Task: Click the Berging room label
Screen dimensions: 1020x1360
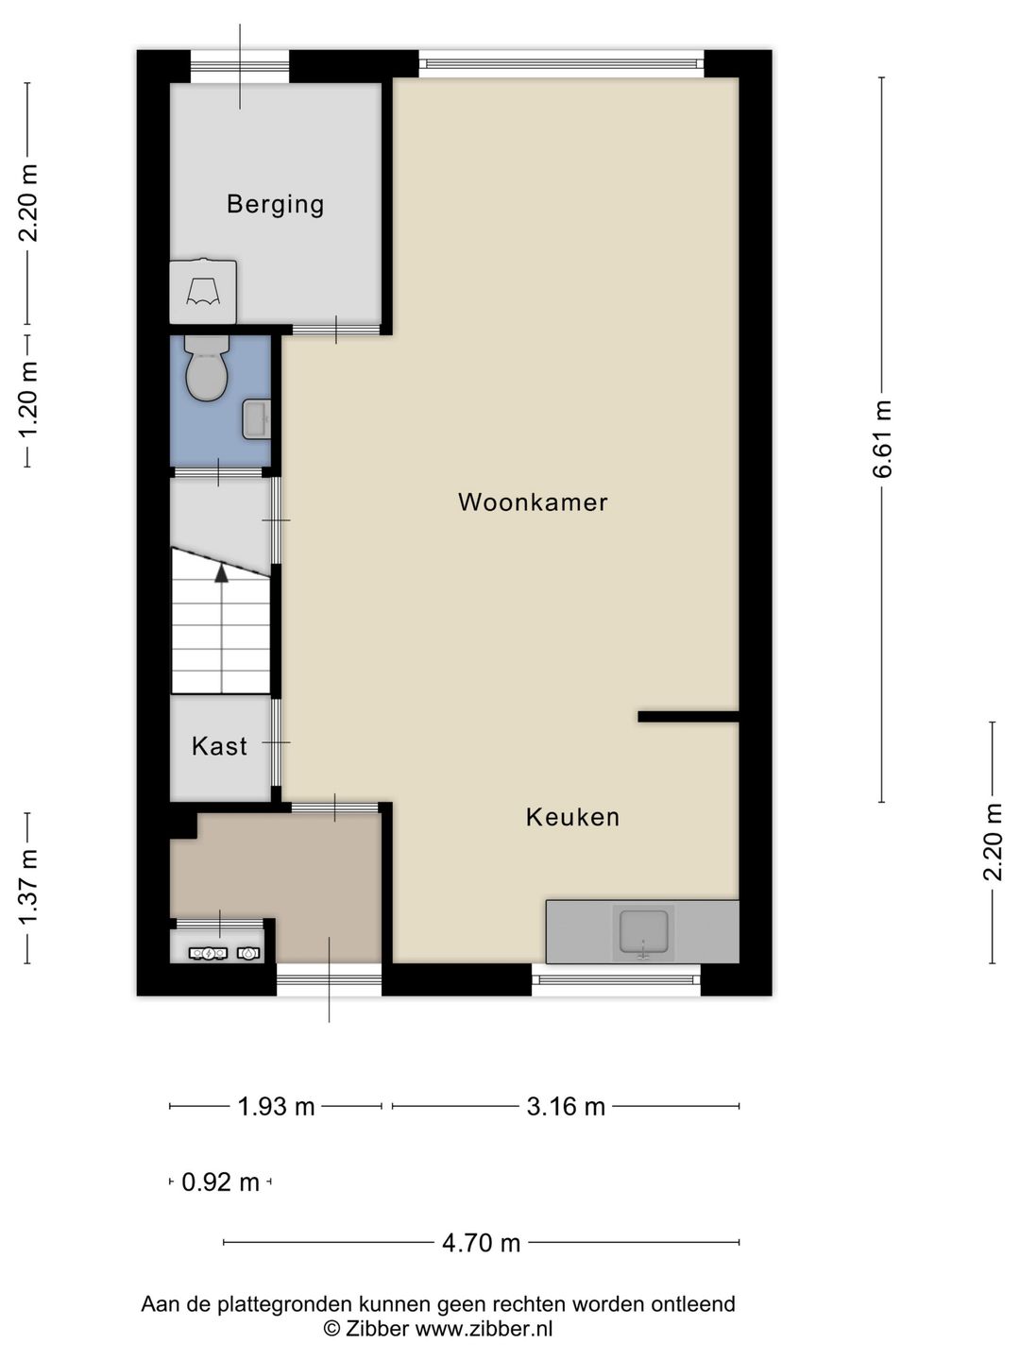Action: point(275,204)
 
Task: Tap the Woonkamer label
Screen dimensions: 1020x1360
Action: point(533,501)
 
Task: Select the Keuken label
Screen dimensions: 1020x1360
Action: point(573,817)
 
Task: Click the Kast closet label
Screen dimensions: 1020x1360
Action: point(219,746)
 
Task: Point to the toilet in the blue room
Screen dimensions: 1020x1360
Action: point(207,367)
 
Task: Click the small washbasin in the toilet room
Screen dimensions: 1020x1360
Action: point(256,419)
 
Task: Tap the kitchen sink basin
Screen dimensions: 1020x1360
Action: point(643,933)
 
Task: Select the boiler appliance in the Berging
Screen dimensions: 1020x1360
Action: point(203,291)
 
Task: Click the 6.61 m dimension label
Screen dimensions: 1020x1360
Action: point(882,438)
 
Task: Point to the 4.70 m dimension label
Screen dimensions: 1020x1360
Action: point(482,1243)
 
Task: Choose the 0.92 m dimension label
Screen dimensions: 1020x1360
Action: point(220,1182)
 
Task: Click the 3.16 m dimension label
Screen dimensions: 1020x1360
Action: point(566,1107)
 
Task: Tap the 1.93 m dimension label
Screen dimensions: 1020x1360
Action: point(276,1107)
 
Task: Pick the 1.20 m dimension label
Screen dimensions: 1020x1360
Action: point(28,400)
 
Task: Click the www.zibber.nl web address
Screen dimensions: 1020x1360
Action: point(484,1329)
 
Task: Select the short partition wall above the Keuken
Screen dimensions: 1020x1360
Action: point(688,717)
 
